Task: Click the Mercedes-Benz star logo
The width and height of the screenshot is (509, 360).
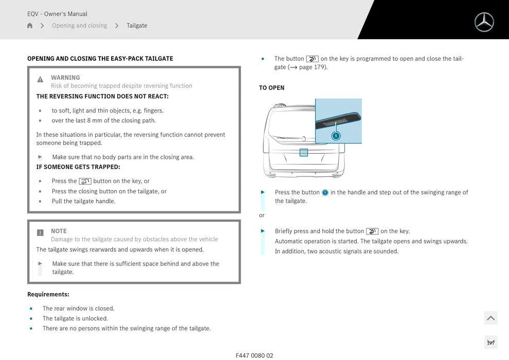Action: (484, 22)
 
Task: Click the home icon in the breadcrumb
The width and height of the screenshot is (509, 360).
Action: (30, 26)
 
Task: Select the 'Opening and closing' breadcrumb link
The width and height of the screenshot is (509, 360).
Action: (79, 26)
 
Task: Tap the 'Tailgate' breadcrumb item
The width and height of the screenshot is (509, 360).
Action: (137, 26)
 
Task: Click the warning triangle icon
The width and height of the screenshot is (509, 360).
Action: (40, 79)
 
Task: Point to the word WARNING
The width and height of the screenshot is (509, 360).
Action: (65, 78)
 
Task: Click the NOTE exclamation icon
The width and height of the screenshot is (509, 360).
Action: (40, 233)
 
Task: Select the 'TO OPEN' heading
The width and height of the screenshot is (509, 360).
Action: (271, 88)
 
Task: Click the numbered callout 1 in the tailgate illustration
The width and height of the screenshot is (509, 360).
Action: (336, 136)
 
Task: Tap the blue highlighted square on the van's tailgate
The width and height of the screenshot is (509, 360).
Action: (304, 152)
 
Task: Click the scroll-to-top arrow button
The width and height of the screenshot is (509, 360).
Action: (490, 318)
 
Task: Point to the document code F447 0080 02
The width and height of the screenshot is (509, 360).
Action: (254, 355)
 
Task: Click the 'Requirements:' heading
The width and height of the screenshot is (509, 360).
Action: (48, 295)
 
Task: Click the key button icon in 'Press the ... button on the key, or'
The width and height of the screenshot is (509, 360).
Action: (85, 181)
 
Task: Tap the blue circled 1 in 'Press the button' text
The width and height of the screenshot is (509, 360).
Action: (325, 193)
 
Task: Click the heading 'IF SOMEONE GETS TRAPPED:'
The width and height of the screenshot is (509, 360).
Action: (78, 167)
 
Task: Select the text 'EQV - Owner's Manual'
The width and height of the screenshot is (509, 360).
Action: (57, 14)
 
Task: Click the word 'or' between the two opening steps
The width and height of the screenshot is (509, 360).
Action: (262, 215)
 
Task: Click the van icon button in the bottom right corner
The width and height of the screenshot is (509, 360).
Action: (490, 343)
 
